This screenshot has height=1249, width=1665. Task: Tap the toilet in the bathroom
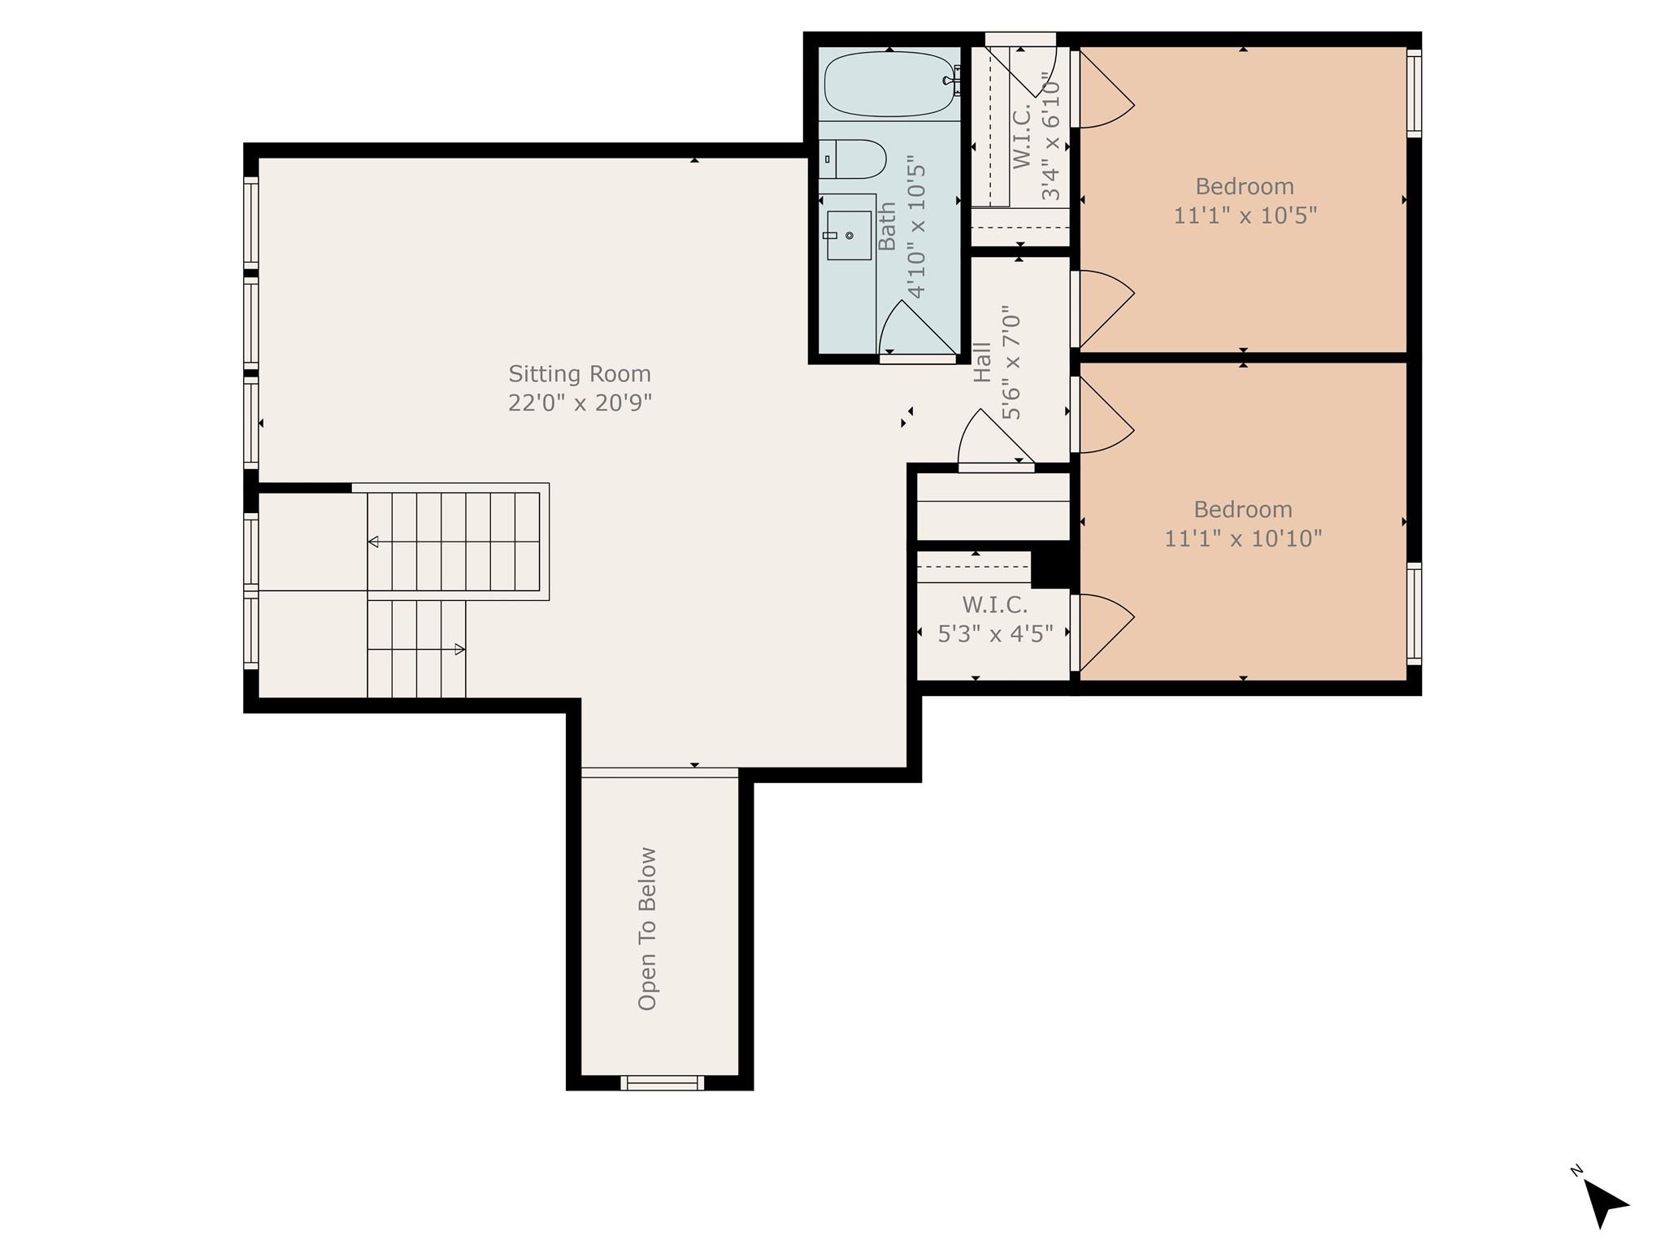853,159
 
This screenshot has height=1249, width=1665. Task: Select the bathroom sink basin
849,235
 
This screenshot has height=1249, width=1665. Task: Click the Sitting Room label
580,374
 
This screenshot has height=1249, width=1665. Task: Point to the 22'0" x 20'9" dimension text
580,403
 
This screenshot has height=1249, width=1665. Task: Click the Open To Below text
647,929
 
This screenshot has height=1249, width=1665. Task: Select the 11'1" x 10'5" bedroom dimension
1245,215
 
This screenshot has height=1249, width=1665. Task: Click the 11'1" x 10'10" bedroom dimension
1243,538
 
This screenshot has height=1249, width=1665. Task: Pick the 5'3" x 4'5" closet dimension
995,633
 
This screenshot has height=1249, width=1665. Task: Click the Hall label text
982,362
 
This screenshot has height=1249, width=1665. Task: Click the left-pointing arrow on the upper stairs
373,542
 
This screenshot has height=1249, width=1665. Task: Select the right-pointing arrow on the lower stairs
459,649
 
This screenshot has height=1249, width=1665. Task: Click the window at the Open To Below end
662,1082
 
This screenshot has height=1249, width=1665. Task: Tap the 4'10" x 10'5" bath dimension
916,227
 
